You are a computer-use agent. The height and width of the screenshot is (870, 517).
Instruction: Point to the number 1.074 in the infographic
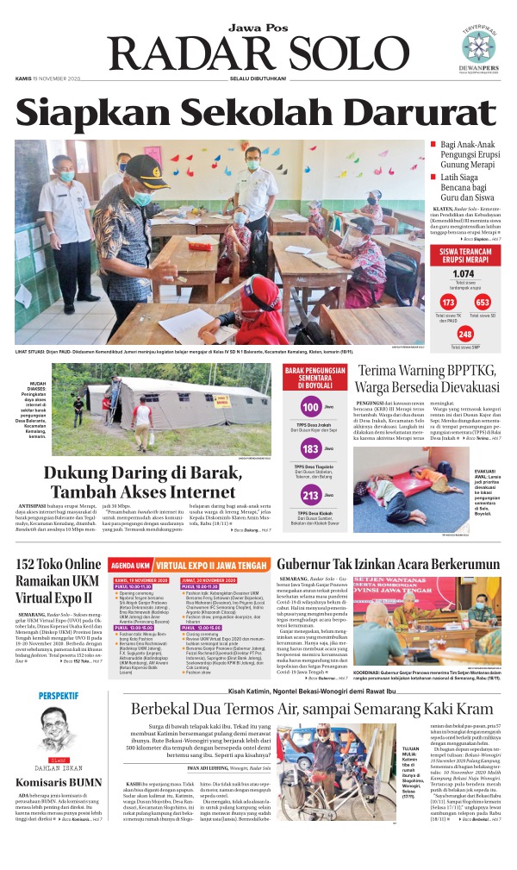pos(464,274)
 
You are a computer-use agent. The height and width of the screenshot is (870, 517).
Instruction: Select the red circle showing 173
pos(447,303)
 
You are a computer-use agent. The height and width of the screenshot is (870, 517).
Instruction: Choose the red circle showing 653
pos(482,303)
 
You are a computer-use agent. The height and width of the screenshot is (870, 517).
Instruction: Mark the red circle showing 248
pos(464,334)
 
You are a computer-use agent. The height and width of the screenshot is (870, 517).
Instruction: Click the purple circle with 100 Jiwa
pos(309,407)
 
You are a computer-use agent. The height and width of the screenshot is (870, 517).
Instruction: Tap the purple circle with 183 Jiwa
pos(309,449)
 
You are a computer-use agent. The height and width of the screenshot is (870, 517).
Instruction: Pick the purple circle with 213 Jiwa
pos(309,495)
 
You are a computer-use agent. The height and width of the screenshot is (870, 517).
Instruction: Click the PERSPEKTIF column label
pos(58,696)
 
